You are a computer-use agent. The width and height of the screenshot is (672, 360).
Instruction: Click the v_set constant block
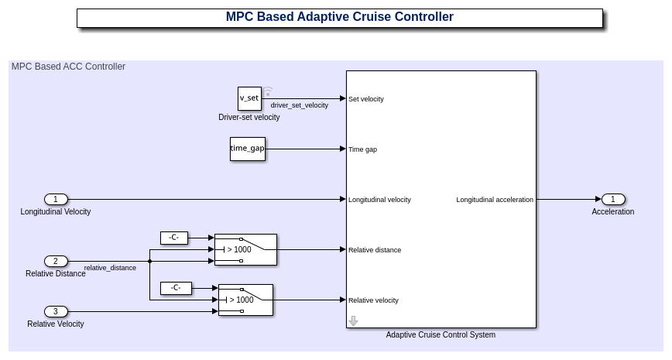click(249, 98)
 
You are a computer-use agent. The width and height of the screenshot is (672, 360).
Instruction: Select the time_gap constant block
click(248, 149)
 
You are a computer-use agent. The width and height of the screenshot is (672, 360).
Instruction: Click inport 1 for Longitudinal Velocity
click(56, 199)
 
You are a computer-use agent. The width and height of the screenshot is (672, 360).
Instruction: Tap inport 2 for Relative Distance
click(56, 262)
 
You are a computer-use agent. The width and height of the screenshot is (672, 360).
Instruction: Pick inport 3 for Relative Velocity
click(56, 311)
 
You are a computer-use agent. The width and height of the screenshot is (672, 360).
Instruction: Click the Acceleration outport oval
click(613, 199)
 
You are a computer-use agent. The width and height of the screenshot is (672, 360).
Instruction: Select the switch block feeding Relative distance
click(245, 250)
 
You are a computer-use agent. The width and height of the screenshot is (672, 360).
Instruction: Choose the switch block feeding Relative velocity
click(245, 300)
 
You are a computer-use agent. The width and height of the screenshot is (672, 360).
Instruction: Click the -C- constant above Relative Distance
click(174, 238)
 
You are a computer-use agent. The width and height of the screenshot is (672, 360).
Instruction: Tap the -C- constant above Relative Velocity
click(176, 288)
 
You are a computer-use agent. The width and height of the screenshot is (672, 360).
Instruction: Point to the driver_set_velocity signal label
click(300, 105)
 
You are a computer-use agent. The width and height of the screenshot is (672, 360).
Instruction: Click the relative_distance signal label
click(110, 268)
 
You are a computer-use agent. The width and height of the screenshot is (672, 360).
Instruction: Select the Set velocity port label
click(366, 99)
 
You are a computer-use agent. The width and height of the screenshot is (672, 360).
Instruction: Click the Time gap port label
click(363, 149)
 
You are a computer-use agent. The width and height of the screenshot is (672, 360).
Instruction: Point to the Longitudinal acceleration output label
click(495, 200)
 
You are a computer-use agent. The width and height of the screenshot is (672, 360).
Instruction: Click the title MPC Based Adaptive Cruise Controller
click(339, 17)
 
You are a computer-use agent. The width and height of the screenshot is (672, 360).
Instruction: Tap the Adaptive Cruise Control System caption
click(441, 335)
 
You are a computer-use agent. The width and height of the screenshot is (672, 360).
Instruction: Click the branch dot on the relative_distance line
click(149, 262)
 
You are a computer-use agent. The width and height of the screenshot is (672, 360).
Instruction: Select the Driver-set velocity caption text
click(249, 118)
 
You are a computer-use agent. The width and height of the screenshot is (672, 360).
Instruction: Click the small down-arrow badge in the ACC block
click(353, 321)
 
